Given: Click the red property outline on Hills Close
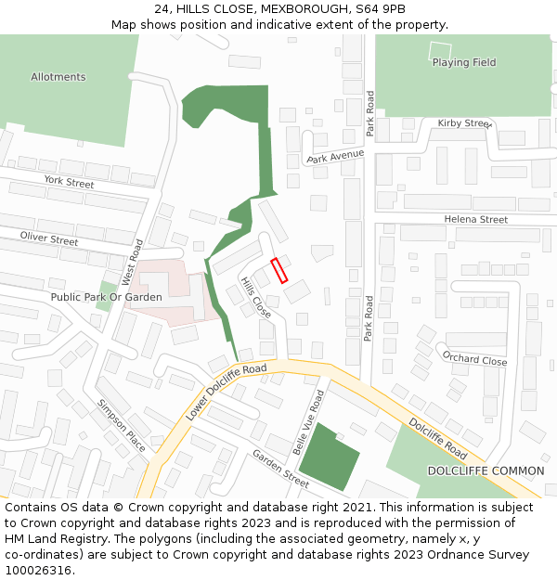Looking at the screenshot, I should coord(279,270).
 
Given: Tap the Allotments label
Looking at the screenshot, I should coord(58,77).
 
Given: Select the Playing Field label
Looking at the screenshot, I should coord(463,63).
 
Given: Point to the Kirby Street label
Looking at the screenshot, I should coord(463,123).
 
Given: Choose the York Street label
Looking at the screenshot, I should coord(69,183).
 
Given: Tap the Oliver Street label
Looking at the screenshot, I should coord(49,239).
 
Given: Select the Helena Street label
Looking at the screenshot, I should coord(475,219).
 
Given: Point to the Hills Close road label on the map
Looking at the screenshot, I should coord(255,297).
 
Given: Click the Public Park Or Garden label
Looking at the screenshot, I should coord(106,297).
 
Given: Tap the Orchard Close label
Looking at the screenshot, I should coord(474,359).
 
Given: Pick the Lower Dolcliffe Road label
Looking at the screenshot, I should coord(226,392).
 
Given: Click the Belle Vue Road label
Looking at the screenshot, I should coord(308,422).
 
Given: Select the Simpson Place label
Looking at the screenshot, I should coord(122,426).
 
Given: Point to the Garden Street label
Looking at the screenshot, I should coord(280,468).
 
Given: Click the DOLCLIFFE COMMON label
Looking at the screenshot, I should coord(484,471).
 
